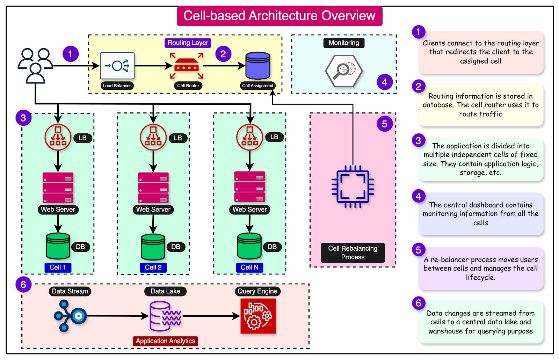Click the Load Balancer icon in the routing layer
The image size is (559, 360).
[x=117, y=66]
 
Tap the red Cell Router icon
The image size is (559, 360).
[x=187, y=66]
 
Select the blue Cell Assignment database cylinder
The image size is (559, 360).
[x=257, y=66]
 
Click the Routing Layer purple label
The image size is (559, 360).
[x=188, y=43]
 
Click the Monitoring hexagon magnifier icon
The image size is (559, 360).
[x=344, y=71]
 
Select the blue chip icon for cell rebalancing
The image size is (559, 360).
[x=353, y=187]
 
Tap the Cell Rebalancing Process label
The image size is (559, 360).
[x=353, y=252]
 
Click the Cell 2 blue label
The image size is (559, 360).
[x=153, y=267]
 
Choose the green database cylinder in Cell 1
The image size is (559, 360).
[x=58, y=246]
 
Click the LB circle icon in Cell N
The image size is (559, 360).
[x=249, y=137]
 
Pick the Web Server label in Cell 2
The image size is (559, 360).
[x=153, y=210]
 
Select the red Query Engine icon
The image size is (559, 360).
[x=258, y=316]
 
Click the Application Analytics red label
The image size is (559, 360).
[x=165, y=341]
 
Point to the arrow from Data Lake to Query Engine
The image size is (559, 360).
[x=211, y=316]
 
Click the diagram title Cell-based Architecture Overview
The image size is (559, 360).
[x=279, y=16]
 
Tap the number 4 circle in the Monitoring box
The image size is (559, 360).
[x=384, y=82]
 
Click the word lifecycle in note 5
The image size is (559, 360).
[x=480, y=278]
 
